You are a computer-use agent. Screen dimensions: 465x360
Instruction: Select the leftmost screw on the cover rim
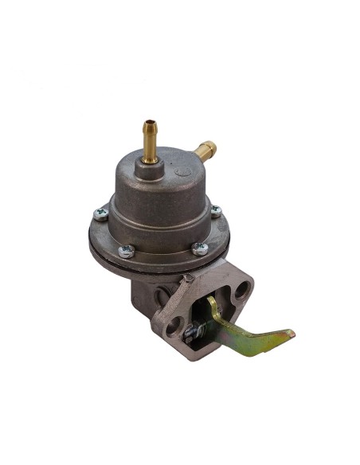(x=100, y=213)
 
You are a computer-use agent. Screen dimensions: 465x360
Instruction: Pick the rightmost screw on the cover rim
(x=215, y=211)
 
